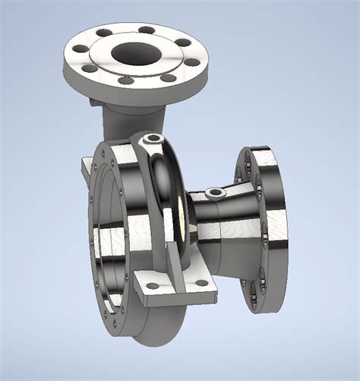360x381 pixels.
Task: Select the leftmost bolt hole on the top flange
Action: [79, 49]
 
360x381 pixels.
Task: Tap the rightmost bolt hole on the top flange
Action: [192, 63]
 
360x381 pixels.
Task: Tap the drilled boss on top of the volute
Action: [154, 139]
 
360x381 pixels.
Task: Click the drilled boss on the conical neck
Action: [215, 192]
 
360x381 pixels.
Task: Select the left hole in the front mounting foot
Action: [153, 286]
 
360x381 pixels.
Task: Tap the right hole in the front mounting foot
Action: [201, 283]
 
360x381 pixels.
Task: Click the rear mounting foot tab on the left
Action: [86, 166]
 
